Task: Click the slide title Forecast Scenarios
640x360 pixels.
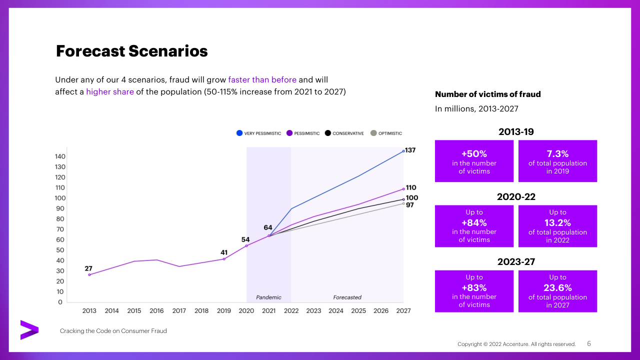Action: point(131,51)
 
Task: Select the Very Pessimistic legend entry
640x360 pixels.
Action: point(258,133)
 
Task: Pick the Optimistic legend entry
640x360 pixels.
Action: point(386,133)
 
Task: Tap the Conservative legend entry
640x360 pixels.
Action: point(344,133)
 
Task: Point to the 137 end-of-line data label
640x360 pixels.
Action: point(410,150)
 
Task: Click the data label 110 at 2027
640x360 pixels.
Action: point(410,187)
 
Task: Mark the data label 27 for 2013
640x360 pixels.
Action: point(88,268)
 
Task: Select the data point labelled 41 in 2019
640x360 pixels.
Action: point(223,258)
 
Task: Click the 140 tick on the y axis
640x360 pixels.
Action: point(59,156)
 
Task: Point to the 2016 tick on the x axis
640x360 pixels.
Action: point(156,311)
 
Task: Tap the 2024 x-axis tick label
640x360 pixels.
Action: point(336,311)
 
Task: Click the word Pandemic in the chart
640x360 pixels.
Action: point(268,297)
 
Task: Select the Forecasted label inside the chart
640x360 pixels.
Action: point(347,297)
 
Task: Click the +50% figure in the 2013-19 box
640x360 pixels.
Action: point(474,154)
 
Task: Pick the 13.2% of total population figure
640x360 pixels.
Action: point(557,222)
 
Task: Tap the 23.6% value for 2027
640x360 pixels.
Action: point(557,287)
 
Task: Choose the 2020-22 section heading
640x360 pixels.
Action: point(516,197)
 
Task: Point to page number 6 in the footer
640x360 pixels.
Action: point(589,343)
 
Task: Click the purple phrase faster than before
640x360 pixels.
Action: point(262,80)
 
